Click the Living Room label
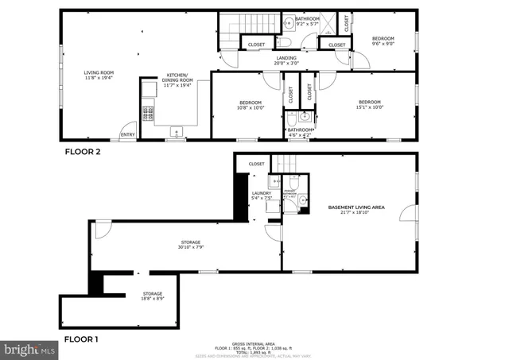point(99,75)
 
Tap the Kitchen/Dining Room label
point(179,78)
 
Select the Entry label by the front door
point(126,135)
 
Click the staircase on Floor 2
point(246,29)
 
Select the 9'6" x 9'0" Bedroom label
point(383,41)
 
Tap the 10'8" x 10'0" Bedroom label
point(251,105)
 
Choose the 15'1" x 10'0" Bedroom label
point(369,103)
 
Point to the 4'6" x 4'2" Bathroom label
point(300,132)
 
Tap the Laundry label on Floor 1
point(262,195)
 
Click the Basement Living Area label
point(356,209)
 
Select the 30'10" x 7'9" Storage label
point(190,245)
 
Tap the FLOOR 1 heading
point(80,339)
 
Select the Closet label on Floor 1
point(256,164)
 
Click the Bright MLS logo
point(30,348)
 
